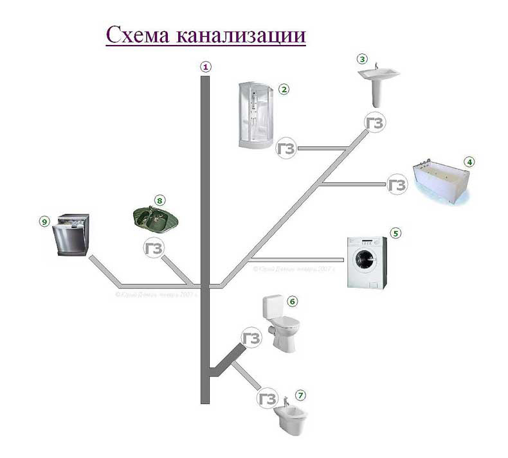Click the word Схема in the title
click(x=134, y=35)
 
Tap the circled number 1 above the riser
click(x=205, y=67)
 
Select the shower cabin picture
click(x=255, y=115)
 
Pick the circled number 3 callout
click(x=363, y=59)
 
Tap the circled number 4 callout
click(x=470, y=162)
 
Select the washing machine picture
click(x=367, y=262)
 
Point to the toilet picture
click(x=282, y=322)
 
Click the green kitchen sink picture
click(x=154, y=218)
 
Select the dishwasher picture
click(x=70, y=234)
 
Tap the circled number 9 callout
click(x=44, y=222)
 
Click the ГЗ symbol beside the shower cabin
click(x=286, y=150)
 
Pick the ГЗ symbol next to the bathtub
click(x=397, y=185)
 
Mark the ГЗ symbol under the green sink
click(x=153, y=249)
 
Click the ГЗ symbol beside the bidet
click(x=268, y=399)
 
